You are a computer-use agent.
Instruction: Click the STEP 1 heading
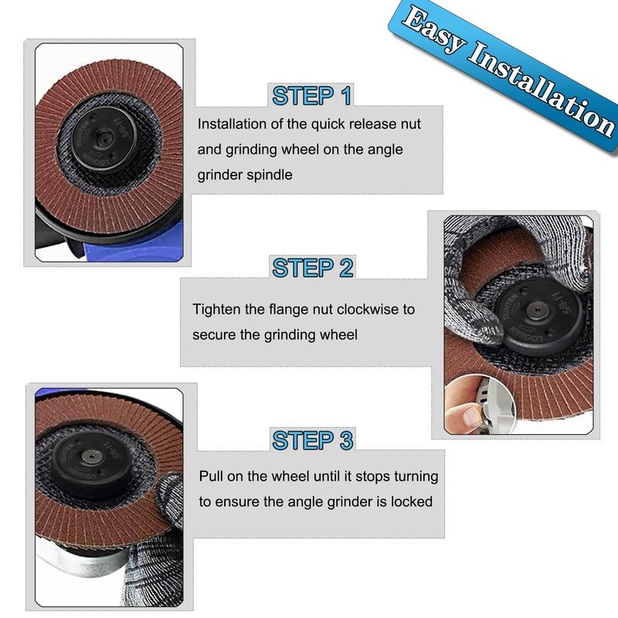(x=312, y=97)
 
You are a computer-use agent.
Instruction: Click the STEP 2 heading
(x=313, y=268)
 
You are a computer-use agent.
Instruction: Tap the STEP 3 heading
(x=313, y=440)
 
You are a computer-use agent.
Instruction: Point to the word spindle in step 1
(x=267, y=175)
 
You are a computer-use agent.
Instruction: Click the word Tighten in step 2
(x=217, y=309)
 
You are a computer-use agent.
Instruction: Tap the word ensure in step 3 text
(x=236, y=501)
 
